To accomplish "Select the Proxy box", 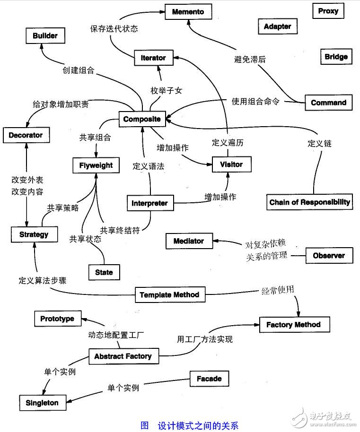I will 328,11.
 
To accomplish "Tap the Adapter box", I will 277,26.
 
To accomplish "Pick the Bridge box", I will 336,57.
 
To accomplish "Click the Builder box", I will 45,35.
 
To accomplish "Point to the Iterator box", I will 153,58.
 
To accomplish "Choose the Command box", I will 328,103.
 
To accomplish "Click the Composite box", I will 142,119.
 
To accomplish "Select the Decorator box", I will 26,135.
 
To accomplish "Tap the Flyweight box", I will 96,165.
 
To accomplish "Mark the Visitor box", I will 231,164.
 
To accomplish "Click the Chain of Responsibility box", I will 309,202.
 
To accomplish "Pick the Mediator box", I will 188,241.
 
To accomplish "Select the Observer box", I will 329,256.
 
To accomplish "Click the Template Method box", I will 169,295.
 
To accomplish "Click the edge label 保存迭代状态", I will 114,28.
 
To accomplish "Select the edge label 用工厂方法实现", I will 204,339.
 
